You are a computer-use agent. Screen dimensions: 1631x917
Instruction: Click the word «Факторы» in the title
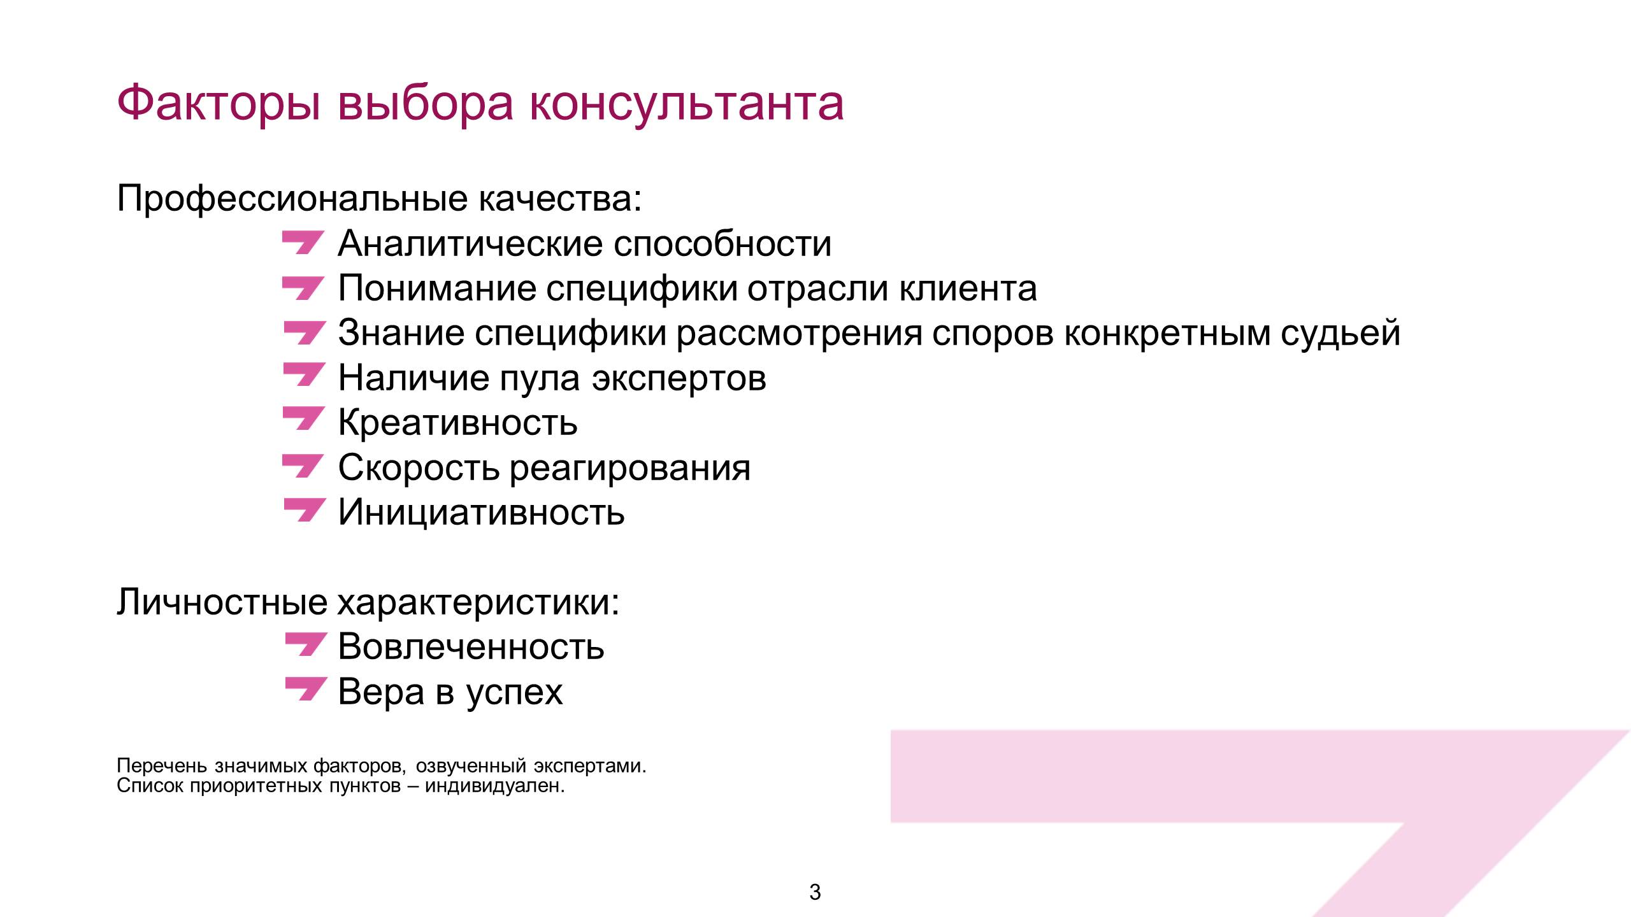[x=219, y=104]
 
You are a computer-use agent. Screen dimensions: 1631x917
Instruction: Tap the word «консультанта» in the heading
[x=687, y=104]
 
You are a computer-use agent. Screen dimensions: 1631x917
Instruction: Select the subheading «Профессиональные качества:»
[x=379, y=198]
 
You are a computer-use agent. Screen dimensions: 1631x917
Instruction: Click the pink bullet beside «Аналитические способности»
[x=303, y=243]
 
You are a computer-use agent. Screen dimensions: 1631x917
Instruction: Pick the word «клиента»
[x=968, y=288]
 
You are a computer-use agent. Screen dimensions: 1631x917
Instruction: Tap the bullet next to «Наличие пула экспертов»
[x=303, y=374]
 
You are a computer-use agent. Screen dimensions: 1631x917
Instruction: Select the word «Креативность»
[x=457, y=422]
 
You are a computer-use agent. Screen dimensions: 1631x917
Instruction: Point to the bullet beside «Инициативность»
[x=303, y=509]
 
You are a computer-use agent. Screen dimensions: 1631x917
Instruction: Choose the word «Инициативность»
[x=481, y=512]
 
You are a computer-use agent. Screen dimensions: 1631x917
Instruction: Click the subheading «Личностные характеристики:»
[x=368, y=602]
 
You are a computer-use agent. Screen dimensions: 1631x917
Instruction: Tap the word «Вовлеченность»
[x=471, y=646]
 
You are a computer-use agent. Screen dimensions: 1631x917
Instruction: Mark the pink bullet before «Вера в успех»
[x=306, y=689]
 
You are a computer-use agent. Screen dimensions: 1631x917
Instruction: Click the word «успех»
[x=514, y=693]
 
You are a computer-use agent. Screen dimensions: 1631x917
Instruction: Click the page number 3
[x=815, y=893]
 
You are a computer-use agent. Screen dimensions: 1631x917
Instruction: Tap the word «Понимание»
[x=437, y=288]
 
